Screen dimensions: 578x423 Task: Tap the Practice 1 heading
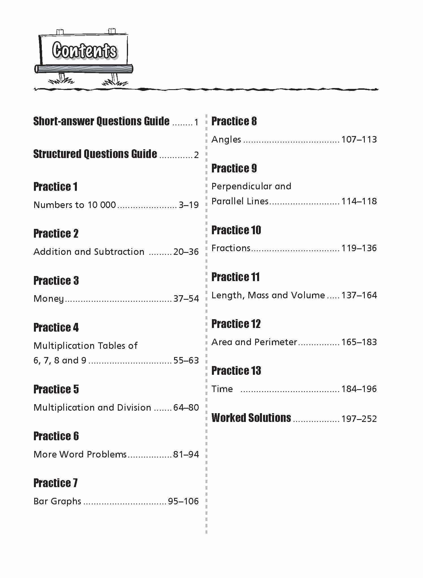point(55,187)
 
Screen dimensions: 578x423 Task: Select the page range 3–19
point(188,205)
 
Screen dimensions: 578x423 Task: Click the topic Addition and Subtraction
point(89,252)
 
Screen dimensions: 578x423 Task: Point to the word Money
point(49,299)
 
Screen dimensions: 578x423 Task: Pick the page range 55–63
point(186,360)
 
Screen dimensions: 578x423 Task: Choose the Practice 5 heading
point(56,389)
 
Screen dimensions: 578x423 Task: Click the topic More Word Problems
point(80,454)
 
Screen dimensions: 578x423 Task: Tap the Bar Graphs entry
point(57,501)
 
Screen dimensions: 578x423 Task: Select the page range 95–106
point(183,501)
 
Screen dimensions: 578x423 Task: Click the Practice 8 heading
point(234,121)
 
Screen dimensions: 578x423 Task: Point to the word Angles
point(226,139)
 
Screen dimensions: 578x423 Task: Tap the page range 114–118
point(359,201)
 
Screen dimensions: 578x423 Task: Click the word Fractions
point(231,248)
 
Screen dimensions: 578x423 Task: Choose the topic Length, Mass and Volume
point(268,295)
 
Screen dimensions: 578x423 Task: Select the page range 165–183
point(359,342)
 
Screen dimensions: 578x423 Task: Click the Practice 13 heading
point(236,371)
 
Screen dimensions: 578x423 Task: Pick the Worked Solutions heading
point(251,418)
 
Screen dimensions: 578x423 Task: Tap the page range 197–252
point(359,419)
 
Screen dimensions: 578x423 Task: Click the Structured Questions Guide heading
point(95,154)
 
